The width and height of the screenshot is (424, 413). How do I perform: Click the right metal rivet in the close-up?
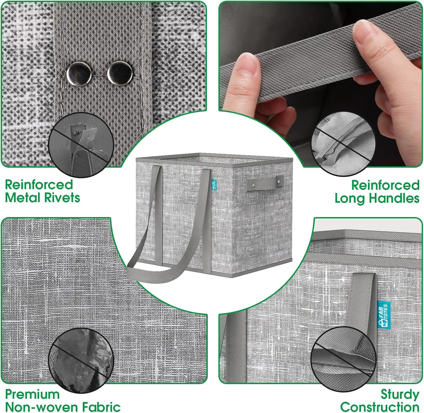[120, 73]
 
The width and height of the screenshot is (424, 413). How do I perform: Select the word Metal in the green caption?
[22, 197]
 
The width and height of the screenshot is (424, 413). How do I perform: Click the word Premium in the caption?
[32, 394]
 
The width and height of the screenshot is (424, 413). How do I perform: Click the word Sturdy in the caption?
[400, 395]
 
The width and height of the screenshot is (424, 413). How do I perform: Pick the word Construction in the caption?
[380, 407]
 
